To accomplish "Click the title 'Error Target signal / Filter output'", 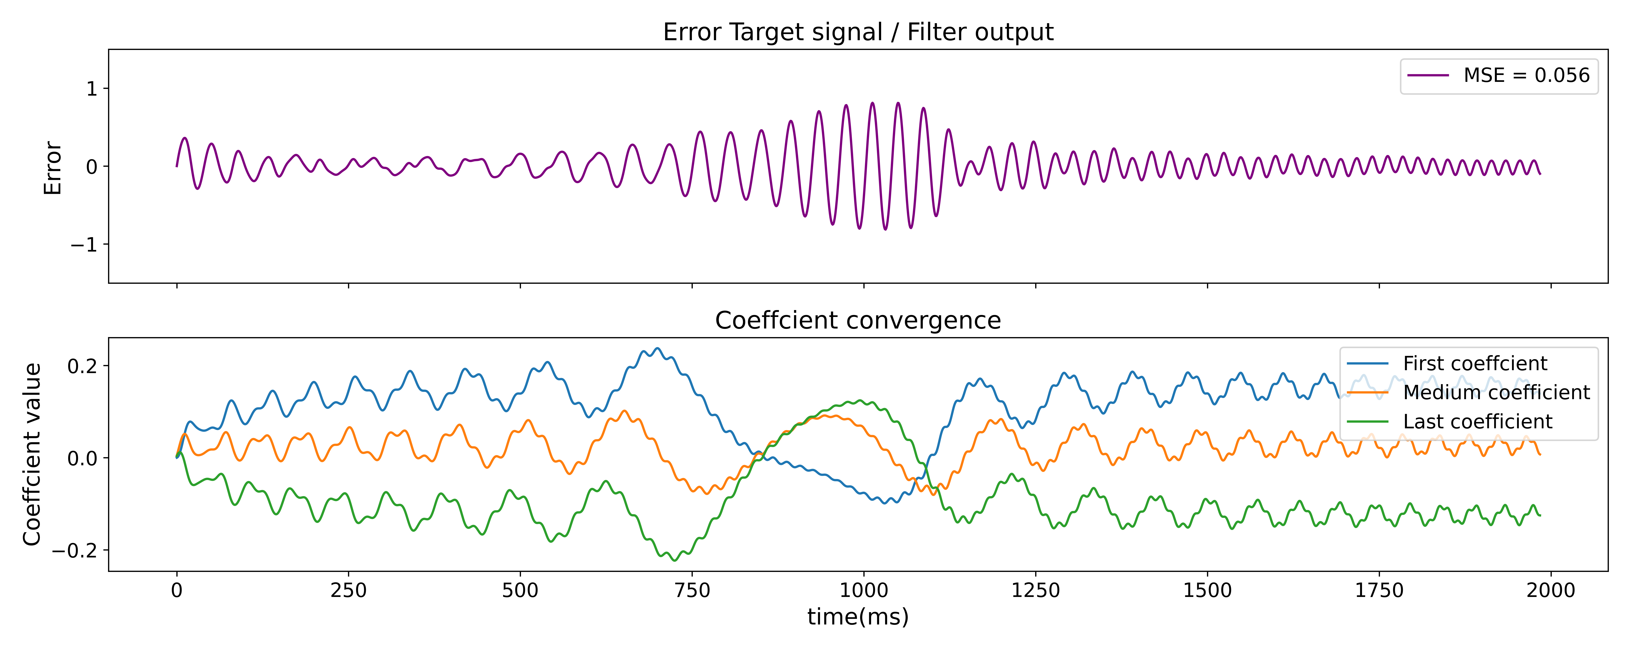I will pyautogui.click(x=858, y=32).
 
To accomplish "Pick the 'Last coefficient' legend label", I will pyautogui.click(x=1477, y=422).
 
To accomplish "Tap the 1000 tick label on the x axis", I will pyautogui.click(x=864, y=591).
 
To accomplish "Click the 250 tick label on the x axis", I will pyautogui.click(x=348, y=591).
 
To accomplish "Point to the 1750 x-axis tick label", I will pyautogui.click(x=1379, y=591).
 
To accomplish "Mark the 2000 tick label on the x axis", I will pyautogui.click(x=1551, y=591).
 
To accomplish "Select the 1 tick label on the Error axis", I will pyautogui.click(x=92, y=89).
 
